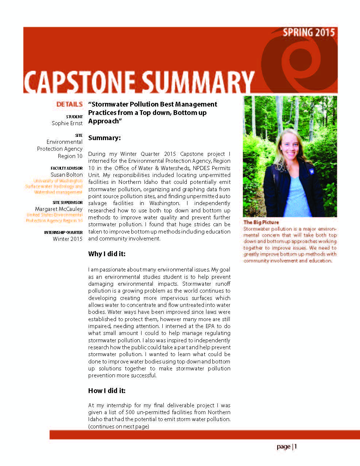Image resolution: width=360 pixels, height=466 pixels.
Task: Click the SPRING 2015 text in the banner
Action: point(309,32)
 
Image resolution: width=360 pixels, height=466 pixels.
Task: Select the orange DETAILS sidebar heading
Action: point(69,104)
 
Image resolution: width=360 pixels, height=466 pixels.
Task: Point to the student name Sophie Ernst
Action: point(67,123)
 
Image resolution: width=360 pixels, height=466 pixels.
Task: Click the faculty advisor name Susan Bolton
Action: point(67,175)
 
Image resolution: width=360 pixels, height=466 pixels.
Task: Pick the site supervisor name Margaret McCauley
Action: point(59,209)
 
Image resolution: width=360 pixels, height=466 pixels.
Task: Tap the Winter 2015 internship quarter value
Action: point(67,239)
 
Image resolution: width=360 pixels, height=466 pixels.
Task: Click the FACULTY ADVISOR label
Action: point(67,168)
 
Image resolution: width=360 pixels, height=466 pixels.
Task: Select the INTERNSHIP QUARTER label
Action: point(63,232)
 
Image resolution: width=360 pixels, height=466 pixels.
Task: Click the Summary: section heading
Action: point(104,138)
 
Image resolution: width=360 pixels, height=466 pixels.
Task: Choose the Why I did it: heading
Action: point(107,254)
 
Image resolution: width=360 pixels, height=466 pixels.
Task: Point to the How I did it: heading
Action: point(107,391)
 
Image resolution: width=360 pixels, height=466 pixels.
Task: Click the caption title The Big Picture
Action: point(261,222)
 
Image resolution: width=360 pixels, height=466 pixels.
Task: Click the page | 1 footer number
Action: point(287,447)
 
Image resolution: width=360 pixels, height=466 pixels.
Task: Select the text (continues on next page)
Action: point(119,426)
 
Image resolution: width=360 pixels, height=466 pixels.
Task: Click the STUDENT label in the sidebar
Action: point(74,117)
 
